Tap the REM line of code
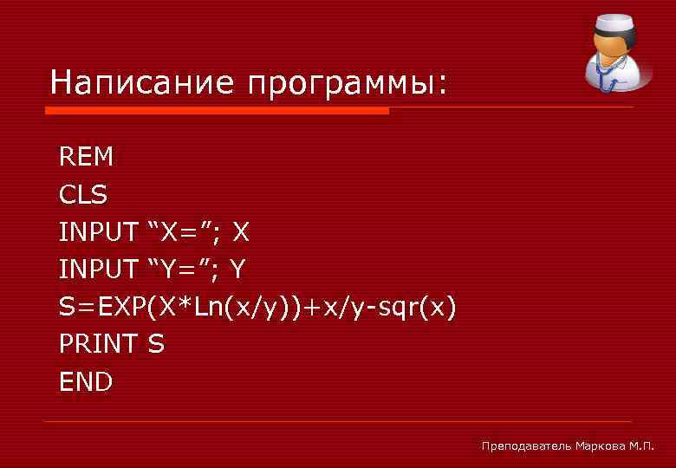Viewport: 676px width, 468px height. (x=86, y=157)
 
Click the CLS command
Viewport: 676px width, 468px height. (x=83, y=195)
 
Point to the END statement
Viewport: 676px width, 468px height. (x=86, y=381)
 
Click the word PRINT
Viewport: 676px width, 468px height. (x=98, y=344)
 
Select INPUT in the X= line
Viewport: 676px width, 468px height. (x=98, y=232)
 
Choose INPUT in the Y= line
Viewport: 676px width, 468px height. (x=98, y=270)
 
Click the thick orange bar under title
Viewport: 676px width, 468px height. (x=217, y=111)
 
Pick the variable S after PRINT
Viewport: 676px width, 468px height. (x=156, y=344)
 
